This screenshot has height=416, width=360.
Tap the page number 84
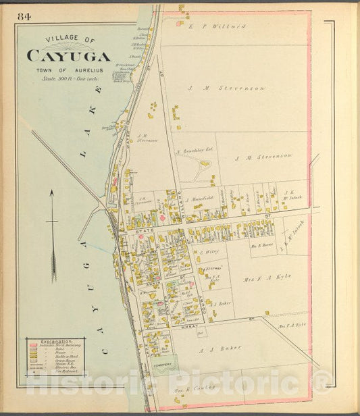25,16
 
